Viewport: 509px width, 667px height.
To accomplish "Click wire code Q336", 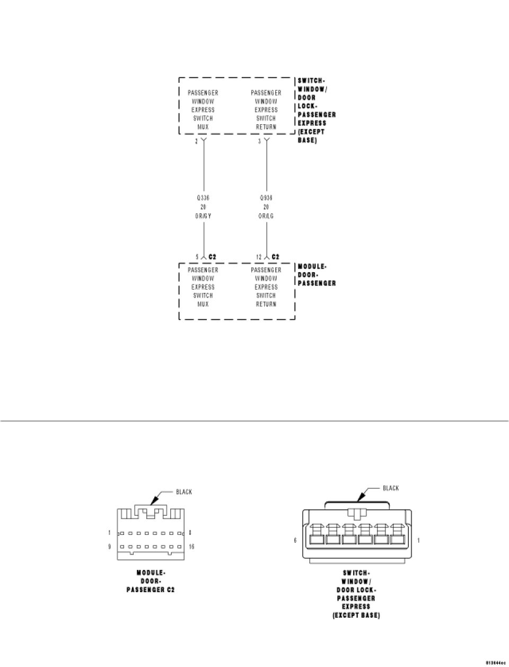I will click(x=203, y=198).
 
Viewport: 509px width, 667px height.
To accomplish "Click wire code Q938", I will click(x=266, y=198).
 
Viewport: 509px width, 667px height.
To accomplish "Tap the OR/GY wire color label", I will click(x=203, y=216).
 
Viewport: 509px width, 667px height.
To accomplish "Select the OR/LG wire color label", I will click(x=266, y=216).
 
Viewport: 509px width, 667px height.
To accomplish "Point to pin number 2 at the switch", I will click(x=197, y=142).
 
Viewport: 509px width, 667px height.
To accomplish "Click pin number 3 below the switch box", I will click(x=259, y=142).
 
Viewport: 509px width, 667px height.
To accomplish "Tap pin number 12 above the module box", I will click(x=259, y=257).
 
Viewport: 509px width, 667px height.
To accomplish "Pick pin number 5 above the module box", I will click(x=197, y=257).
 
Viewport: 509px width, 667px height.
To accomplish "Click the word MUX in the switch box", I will click(x=203, y=127).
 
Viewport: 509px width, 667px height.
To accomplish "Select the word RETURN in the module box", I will click(x=266, y=304).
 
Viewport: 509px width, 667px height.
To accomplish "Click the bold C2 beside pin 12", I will click(x=275, y=257).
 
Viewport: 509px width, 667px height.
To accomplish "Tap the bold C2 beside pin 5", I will click(x=212, y=257).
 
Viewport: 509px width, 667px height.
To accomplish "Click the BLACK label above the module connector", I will click(x=184, y=492).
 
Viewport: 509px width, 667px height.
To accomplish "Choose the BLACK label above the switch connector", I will click(x=391, y=488).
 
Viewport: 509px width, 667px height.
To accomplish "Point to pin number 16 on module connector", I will click(x=191, y=547).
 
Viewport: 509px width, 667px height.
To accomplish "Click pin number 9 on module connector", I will click(x=110, y=547).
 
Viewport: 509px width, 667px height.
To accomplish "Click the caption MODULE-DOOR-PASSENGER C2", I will click(x=151, y=581).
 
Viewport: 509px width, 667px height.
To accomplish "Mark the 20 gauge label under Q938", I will click(x=266, y=207).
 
